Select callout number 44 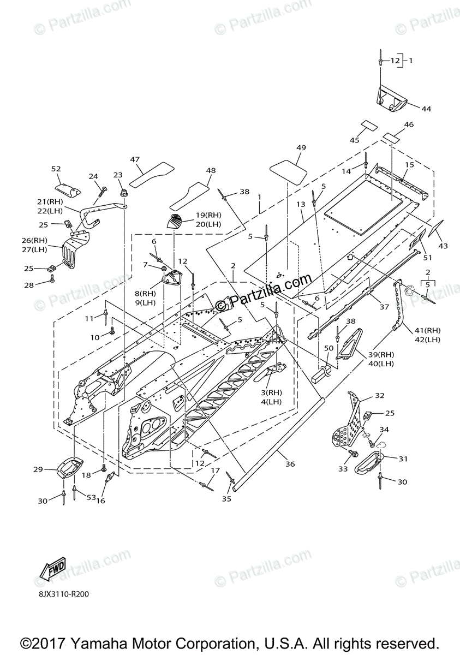[426, 109]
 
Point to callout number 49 [301, 148]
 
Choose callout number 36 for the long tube [290, 464]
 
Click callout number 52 [56, 169]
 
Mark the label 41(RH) [427, 330]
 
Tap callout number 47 [135, 159]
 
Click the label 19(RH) [207, 215]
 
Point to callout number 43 [443, 246]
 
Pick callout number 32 [379, 395]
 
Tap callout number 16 [100, 501]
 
